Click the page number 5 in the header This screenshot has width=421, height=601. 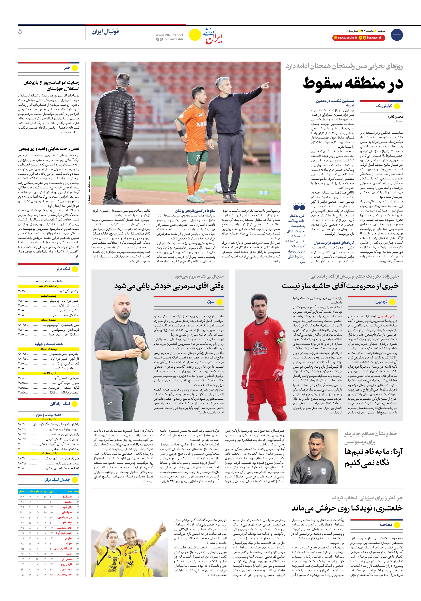(20, 32)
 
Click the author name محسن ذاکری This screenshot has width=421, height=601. (395, 117)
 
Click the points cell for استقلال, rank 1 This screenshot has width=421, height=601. (22, 496)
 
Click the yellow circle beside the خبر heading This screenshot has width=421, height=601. (75, 68)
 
